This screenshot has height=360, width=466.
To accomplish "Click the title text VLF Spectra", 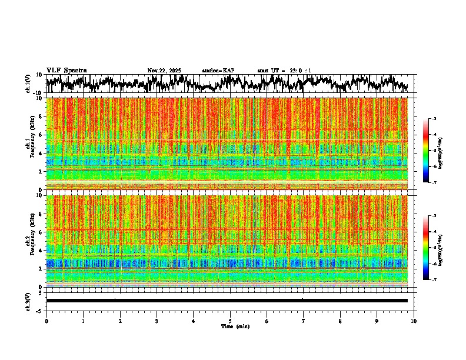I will click(x=66, y=71).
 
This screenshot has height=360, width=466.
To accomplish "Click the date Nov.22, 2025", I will click(x=164, y=71).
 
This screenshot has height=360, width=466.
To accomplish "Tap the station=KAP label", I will click(x=218, y=71).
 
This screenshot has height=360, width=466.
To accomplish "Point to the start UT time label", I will click(x=284, y=71).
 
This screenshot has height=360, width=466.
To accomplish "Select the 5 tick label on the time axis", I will click(x=230, y=321).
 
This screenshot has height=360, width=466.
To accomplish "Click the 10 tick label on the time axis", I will click(x=414, y=321).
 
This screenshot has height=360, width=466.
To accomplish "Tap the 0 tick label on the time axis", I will click(x=46, y=321).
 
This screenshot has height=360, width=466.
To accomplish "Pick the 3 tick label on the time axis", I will click(x=157, y=321).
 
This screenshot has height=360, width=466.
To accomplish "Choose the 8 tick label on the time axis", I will click(x=340, y=321).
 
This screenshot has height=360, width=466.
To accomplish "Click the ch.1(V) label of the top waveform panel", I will click(x=28, y=84).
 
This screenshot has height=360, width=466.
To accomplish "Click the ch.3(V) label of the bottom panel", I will click(x=28, y=301).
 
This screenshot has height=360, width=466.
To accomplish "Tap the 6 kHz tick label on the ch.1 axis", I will click(x=41, y=135).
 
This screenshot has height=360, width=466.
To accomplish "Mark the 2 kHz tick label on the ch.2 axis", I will click(x=41, y=269).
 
